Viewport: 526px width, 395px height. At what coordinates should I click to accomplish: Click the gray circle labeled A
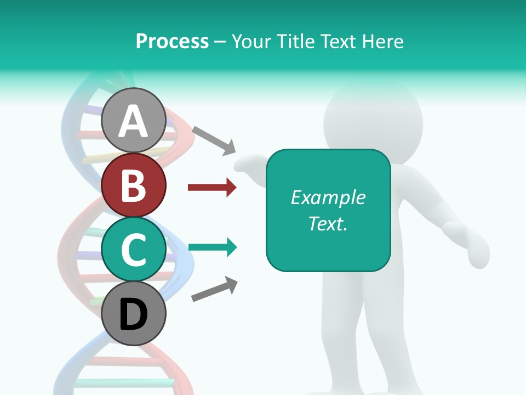click(x=134, y=120)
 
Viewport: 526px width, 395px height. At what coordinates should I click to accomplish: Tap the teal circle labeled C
click(x=134, y=250)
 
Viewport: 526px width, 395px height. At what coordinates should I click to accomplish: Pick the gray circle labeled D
click(x=134, y=313)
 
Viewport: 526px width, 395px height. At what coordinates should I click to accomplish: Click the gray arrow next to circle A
click(x=214, y=140)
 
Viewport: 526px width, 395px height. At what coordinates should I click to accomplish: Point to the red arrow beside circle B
click(x=212, y=188)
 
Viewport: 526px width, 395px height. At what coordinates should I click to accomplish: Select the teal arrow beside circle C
click(x=212, y=247)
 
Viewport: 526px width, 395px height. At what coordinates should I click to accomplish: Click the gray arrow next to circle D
click(x=214, y=289)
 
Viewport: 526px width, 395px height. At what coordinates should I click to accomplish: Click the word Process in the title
click(x=172, y=41)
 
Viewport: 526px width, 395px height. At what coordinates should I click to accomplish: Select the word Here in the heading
click(x=384, y=41)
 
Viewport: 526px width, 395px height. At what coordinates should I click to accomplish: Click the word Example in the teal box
click(x=328, y=198)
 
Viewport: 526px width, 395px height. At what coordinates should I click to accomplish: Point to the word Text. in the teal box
click(x=328, y=223)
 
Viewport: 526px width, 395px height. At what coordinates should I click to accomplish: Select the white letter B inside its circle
click(x=134, y=185)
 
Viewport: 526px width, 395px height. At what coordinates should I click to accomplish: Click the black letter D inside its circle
click(x=134, y=314)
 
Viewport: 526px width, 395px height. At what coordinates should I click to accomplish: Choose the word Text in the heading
click(x=340, y=41)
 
